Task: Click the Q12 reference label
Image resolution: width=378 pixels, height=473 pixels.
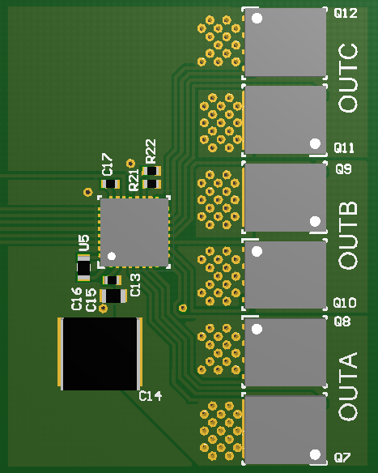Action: pyautogui.click(x=345, y=13)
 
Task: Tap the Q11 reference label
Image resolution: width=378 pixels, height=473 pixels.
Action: pyautogui.click(x=344, y=148)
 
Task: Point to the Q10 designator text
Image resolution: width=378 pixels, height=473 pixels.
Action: pyautogui.click(x=345, y=303)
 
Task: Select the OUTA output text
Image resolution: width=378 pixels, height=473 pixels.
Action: pyautogui.click(x=348, y=387)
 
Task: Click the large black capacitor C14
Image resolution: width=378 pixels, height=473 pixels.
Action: pyautogui.click(x=100, y=353)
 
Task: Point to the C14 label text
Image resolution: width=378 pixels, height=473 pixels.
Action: pyautogui.click(x=151, y=396)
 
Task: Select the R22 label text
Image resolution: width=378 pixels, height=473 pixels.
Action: pyautogui.click(x=151, y=151)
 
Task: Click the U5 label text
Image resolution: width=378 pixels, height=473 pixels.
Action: pyautogui.click(x=83, y=242)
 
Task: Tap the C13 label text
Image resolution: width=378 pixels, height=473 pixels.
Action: pyautogui.click(x=135, y=284)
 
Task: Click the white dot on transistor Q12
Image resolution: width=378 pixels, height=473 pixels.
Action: pyautogui.click(x=257, y=18)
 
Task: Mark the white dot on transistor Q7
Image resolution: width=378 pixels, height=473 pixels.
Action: pyautogui.click(x=314, y=456)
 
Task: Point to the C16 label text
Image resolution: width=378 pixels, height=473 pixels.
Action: pyautogui.click(x=77, y=299)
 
